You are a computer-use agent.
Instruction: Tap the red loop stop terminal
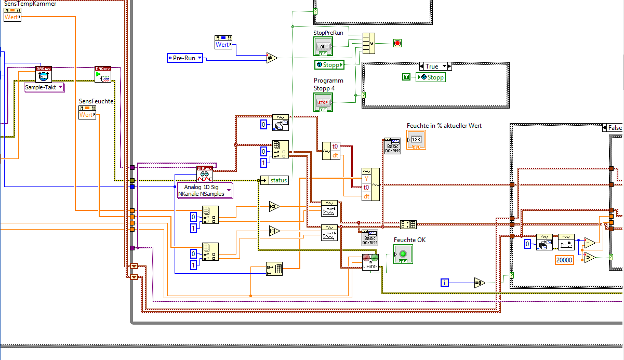point(397,43)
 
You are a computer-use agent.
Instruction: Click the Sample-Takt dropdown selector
point(44,87)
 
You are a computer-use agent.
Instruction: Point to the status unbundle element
point(279,180)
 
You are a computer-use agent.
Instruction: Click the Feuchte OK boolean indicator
point(403,254)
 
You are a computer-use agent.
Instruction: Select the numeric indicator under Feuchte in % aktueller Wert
point(416,140)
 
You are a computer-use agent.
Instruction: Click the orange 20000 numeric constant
point(565,260)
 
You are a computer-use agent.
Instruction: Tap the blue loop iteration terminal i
point(445,283)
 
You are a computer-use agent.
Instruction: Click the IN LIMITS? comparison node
point(370,261)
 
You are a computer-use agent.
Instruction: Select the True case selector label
point(432,66)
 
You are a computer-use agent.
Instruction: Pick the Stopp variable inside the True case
point(430,77)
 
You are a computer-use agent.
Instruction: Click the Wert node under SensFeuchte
point(87,114)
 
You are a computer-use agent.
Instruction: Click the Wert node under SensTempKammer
point(12,17)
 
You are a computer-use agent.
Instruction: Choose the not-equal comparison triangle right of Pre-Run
point(272,58)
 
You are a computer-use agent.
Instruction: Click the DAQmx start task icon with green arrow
point(103,75)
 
